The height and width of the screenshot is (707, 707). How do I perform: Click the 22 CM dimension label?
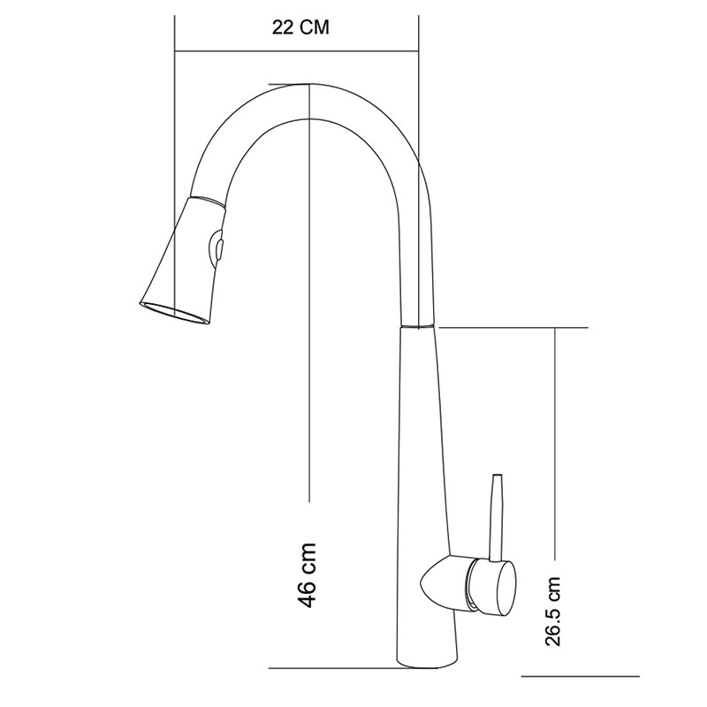pyautogui.click(x=300, y=27)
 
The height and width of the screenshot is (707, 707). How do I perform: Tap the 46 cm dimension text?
pyautogui.click(x=307, y=574)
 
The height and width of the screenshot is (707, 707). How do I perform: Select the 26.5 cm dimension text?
pyautogui.click(x=552, y=611)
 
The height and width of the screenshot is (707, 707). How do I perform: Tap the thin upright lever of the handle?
pyautogui.click(x=497, y=518)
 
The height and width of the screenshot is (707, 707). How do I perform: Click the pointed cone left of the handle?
pyautogui.click(x=445, y=582)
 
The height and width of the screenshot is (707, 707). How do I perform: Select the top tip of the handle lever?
pyautogui.click(x=498, y=475)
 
